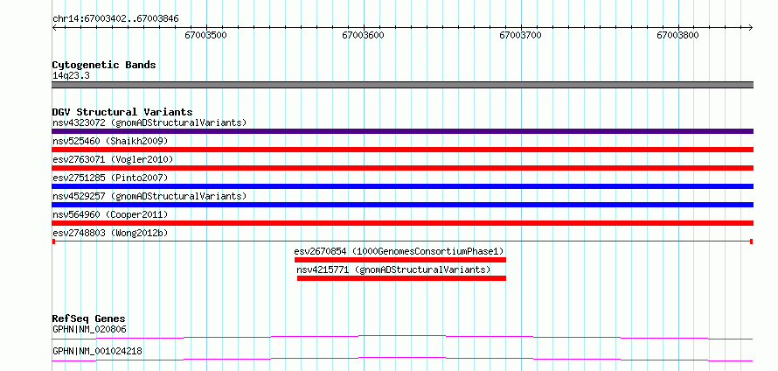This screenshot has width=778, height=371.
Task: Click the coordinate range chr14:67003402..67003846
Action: tap(115, 19)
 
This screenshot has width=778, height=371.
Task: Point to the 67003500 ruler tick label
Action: tap(206, 35)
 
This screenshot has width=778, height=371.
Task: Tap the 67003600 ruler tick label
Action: tap(363, 35)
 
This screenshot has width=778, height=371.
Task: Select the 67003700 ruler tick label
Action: tap(521, 35)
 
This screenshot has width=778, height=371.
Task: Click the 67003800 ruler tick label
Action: tap(678, 35)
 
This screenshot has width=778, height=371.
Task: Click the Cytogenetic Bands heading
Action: tap(104, 65)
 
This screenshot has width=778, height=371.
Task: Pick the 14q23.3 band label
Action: tap(71, 76)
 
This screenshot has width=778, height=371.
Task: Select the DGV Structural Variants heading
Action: tap(122, 112)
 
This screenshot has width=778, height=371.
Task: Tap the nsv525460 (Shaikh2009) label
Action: tap(110, 141)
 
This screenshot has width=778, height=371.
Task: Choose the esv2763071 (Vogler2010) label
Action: tap(113, 159)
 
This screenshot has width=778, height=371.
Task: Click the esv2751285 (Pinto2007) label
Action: tap(110, 178)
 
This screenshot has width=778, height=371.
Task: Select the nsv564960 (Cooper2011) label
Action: tap(110, 214)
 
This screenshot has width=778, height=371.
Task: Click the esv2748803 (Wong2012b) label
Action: tap(113, 233)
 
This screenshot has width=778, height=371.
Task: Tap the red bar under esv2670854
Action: tap(399, 260)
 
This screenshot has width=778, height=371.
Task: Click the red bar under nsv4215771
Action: tap(401, 278)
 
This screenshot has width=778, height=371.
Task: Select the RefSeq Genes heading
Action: tap(89, 318)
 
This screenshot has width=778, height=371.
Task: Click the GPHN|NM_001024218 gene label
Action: tap(97, 351)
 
